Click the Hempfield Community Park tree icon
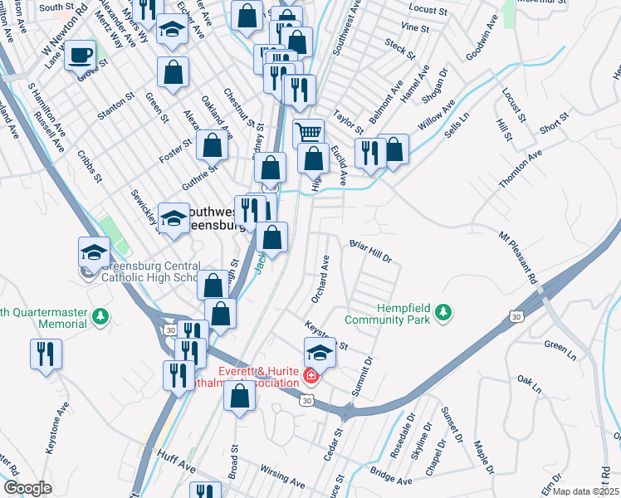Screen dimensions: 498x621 pos(445,311)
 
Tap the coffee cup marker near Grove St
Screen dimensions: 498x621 pos(81,56)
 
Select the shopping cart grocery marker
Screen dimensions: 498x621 pos(309,132)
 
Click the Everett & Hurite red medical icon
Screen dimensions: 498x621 pos(310,377)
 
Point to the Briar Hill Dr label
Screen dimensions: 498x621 pos(370,251)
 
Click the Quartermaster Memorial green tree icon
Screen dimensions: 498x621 pos(100,316)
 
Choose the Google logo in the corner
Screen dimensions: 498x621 pos(27,488)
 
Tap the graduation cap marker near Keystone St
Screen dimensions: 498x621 pos(320,353)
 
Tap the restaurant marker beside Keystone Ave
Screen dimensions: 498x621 pos(45,354)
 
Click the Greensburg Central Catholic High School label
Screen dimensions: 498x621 pos(149,271)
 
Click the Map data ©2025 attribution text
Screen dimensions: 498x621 pos(585,491)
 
